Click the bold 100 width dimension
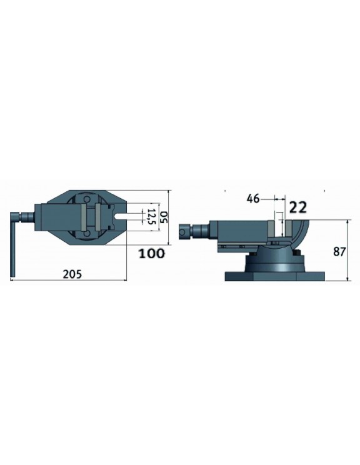point(152,253)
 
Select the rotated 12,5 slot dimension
point(150,217)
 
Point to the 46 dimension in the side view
point(253,199)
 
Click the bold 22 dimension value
point(298,207)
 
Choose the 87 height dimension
point(340,252)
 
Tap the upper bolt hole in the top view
point(86,198)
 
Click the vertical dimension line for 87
point(347,250)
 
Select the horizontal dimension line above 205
point(69,281)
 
